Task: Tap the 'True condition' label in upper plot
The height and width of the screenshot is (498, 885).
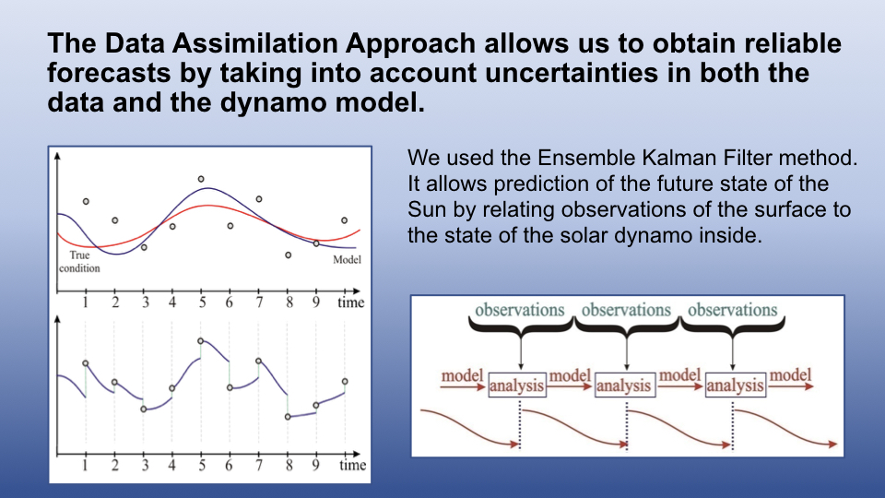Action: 79,261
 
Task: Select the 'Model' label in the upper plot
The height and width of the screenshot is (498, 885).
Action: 348,260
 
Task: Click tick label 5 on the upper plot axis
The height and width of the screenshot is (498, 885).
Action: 202,302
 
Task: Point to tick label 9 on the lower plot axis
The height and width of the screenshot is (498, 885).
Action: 315,465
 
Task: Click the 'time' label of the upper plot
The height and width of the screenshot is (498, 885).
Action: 350,302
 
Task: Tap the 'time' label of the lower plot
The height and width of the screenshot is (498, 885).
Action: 352,465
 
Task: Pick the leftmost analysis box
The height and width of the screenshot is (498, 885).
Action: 517,385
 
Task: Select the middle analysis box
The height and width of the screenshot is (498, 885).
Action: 625,385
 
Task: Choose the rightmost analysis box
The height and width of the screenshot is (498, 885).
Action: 736,385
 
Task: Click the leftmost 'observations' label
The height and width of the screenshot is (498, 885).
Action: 520,310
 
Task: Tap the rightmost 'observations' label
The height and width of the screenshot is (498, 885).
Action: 733,310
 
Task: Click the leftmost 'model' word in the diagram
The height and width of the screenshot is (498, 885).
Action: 462,375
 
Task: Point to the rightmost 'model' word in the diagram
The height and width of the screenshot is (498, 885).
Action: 790,375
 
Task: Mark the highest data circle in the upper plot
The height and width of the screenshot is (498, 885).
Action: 201,179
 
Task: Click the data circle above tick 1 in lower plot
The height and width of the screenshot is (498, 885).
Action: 85,363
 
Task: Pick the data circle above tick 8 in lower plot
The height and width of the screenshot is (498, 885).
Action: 288,417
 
